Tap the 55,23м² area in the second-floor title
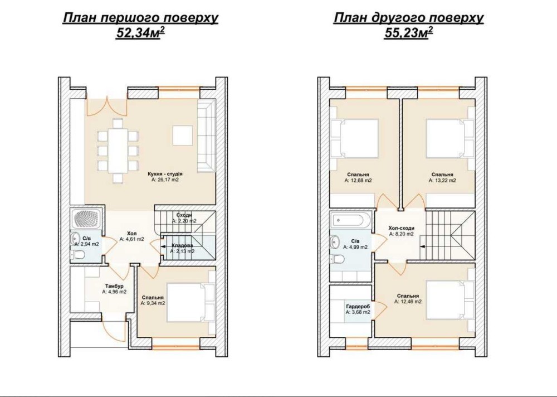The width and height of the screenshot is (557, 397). point(408,33)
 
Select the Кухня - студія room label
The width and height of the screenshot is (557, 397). point(165,174)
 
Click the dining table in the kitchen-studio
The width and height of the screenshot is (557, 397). point(117,151)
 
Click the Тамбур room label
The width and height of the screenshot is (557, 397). point(114,286)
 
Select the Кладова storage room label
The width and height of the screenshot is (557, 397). point(182,245)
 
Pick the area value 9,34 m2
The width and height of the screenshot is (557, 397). point(153,303)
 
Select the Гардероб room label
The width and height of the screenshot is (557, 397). point(358,306)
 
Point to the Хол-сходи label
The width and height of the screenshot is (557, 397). point(402,228)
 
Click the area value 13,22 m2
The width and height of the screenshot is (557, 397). point(442,180)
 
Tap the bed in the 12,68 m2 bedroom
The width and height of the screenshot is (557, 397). point(355,138)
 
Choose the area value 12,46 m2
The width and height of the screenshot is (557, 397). point(408,302)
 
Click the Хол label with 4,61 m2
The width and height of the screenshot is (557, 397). point(132,234)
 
